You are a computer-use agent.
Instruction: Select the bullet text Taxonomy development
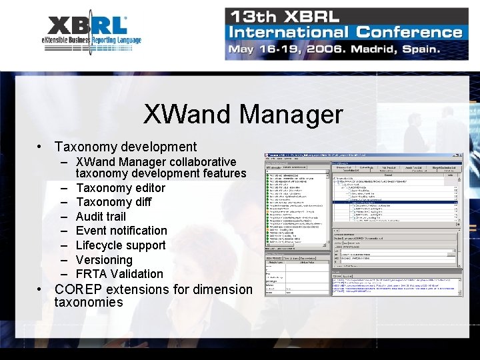point(125,147)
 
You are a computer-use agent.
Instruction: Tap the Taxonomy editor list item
point(120,188)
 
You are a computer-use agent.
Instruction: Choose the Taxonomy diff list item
point(113,202)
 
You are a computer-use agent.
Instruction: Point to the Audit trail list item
point(101,217)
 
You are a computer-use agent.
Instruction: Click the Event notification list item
point(121,231)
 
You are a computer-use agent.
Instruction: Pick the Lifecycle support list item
point(121,245)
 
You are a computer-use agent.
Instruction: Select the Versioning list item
point(104,260)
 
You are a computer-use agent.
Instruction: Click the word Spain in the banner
point(419,49)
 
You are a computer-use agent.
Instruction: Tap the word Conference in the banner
point(409,32)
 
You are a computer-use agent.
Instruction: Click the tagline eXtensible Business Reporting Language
point(91,41)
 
